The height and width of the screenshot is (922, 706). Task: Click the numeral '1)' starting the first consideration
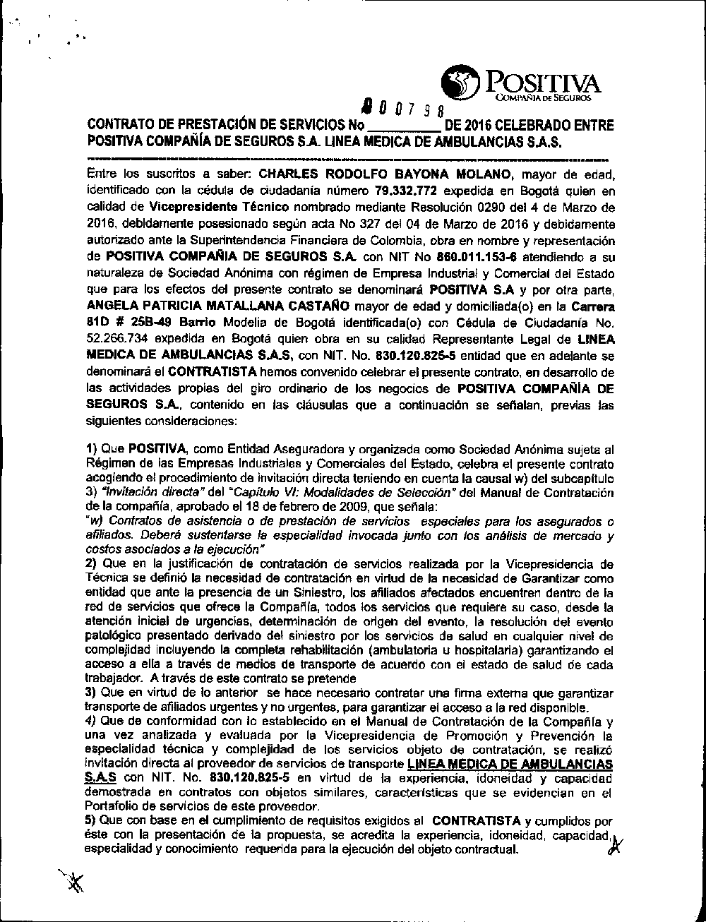point(91,448)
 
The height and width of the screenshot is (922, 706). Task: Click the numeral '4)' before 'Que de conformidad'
point(91,722)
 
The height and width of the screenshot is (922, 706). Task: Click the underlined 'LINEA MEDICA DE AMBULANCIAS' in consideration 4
point(511,765)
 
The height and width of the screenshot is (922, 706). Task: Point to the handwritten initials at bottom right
point(612,847)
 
